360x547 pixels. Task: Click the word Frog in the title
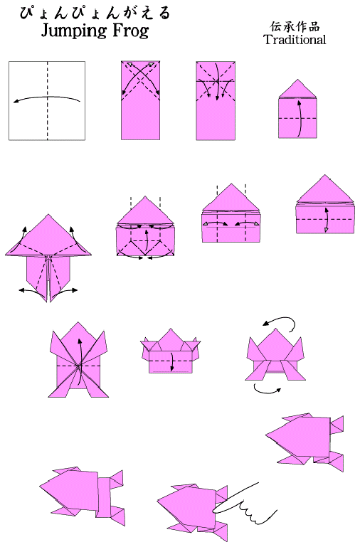coord(130,31)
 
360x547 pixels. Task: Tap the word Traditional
coord(295,39)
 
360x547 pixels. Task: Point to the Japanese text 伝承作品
coord(295,26)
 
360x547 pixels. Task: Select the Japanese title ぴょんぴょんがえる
coord(95,13)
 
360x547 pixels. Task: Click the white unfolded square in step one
coord(47,101)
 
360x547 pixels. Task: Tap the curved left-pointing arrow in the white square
coord(47,97)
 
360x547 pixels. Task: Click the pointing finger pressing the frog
coord(245,502)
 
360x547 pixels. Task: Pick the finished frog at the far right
coord(305,442)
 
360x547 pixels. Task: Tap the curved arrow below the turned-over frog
coord(267,391)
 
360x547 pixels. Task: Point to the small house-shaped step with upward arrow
coord(297,109)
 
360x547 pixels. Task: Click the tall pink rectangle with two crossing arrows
coord(141,100)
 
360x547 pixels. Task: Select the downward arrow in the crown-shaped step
coord(171,362)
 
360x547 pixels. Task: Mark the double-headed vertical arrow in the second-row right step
coord(326,220)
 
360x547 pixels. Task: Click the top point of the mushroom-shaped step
coord(48,215)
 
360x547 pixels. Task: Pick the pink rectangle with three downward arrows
coord(216,101)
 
